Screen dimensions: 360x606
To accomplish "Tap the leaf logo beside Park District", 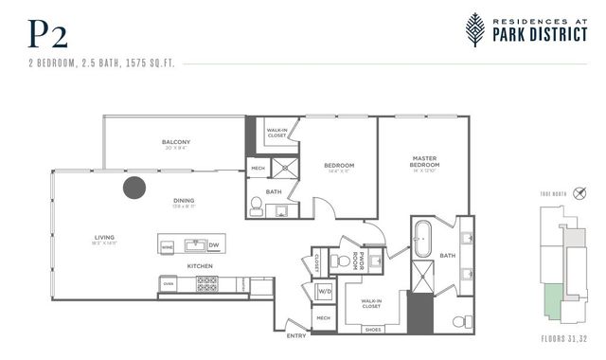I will pyautogui.click(x=476, y=28).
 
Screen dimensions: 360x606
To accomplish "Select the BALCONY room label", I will pyautogui.click(x=176, y=143).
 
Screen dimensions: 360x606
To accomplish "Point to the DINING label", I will pyautogui.click(x=185, y=200).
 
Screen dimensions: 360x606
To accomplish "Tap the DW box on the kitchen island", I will pyautogui.click(x=213, y=245).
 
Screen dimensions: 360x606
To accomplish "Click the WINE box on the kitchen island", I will pyautogui.click(x=169, y=245).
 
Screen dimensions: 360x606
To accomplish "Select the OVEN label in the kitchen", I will pyautogui.click(x=169, y=282).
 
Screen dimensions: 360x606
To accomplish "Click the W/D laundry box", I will pyautogui.click(x=325, y=291).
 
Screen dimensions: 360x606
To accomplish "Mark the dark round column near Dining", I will pyautogui.click(x=134, y=187).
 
